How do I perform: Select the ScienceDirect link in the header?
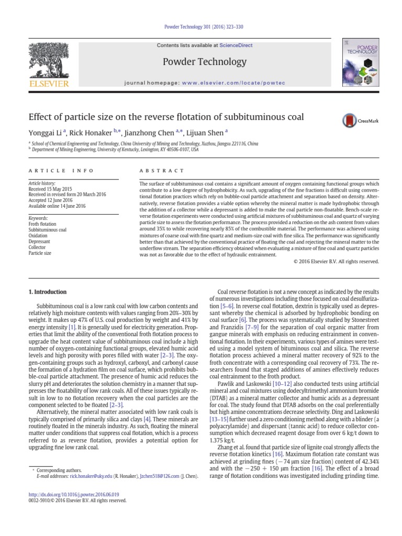235,46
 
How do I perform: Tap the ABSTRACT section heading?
162,171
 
